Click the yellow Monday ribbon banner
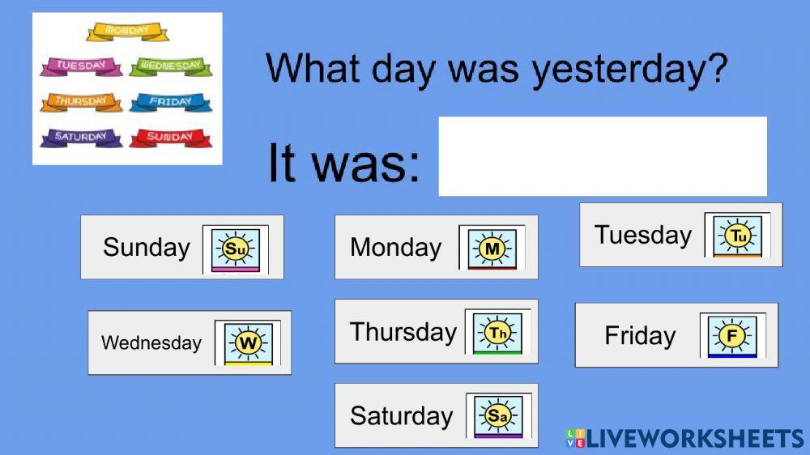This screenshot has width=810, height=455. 127,32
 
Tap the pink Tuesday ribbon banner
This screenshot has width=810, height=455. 81,66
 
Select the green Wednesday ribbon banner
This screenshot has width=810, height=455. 170,66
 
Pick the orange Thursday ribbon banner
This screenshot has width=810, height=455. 81,102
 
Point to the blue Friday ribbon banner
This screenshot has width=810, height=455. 170,102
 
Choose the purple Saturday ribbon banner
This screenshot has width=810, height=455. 81,138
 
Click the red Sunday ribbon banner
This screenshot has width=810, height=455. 170,138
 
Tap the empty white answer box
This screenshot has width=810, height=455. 603,156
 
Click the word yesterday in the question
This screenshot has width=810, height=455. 629,70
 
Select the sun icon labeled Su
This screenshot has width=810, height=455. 236,249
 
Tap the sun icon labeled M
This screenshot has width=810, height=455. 492,249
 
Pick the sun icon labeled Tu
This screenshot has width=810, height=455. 737,236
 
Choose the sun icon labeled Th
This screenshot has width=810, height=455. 497,333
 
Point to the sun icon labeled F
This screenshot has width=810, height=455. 732,336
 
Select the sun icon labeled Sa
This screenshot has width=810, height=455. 498,416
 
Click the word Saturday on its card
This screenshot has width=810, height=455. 402,416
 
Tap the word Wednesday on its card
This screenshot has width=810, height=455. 151,342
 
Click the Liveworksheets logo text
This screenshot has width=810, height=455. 685,439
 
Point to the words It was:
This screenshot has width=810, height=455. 344,163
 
